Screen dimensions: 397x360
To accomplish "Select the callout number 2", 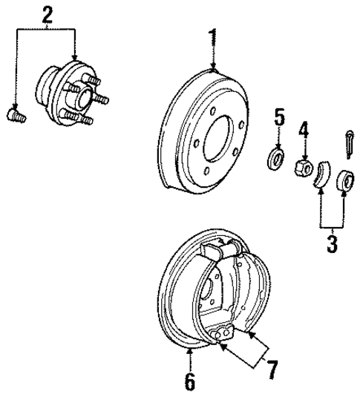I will coord(48,14).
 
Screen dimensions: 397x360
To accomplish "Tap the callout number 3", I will coord(332,242).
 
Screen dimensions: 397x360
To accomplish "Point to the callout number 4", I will coord(302,131).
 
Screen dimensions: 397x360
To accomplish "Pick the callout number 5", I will coord(279,117).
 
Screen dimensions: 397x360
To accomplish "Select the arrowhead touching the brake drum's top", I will coord(213,68).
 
